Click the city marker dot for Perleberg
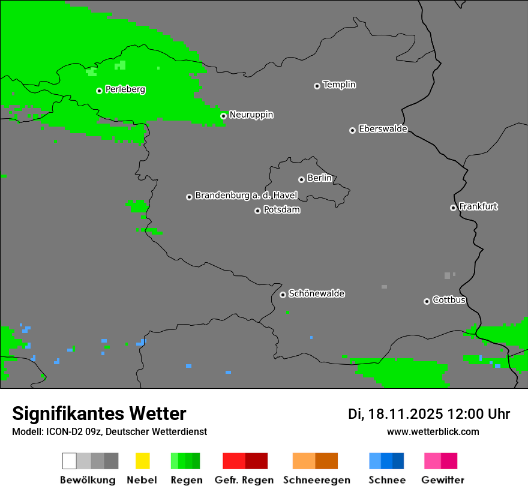pyautogui.click(x=99, y=91)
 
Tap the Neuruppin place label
pyautogui.click(x=251, y=115)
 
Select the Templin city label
pyautogui.click(x=339, y=85)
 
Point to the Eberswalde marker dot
pyautogui.click(x=352, y=130)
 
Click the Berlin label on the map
pyautogui.click(x=319, y=178)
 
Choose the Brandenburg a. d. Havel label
pyautogui.click(x=246, y=196)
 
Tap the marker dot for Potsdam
pyautogui.click(x=257, y=211)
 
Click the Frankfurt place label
pyautogui.click(x=478, y=206)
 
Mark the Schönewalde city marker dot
pyautogui.click(x=283, y=295)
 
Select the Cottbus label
pyautogui.click(x=449, y=300)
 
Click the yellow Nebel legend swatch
pyautogui.click(x=142, y=461)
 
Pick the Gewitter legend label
pyautogui.click(x=442, y=480)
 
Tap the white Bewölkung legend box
pyautogui.click(x=70, y=461)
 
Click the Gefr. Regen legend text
pyautogui.click(x=244, y=480)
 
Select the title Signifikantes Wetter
pyautogui.click(x=99, y=413)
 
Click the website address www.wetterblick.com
pyautogui.click(x=433, y=431)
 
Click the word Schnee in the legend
pyautogui.click(x=386, y=480)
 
